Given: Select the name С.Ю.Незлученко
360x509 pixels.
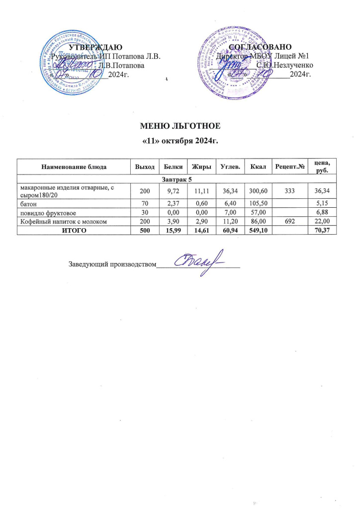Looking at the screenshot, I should click(x=284, y=65).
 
